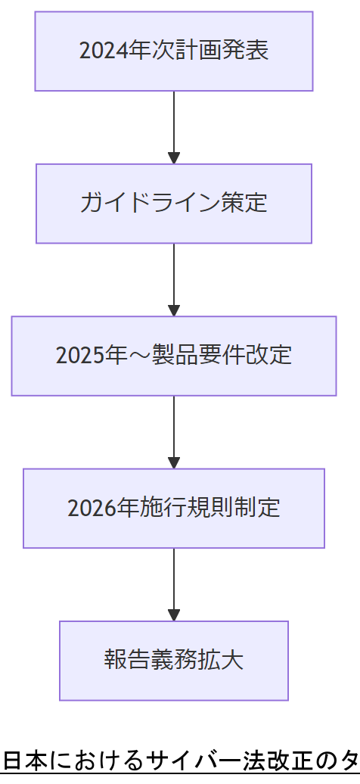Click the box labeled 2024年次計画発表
174,51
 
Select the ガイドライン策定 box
174,204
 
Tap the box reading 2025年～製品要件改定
174,356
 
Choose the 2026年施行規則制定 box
174,508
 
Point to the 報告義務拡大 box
174,661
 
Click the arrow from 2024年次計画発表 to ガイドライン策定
174,127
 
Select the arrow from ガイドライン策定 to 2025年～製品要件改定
174,279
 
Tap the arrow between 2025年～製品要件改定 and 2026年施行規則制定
174,431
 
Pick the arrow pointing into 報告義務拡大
174,584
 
